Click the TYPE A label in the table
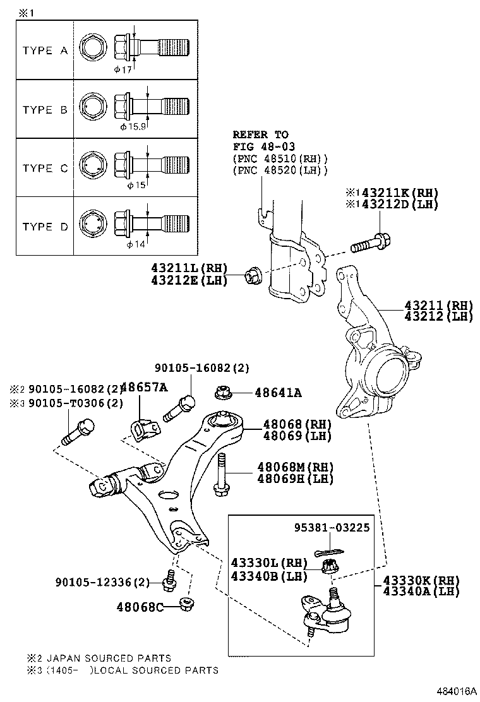tap(45, 51)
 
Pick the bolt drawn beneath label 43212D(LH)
tap(373, 242)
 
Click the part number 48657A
tap(143, 388)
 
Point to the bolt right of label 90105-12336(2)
tap(168, 581)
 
